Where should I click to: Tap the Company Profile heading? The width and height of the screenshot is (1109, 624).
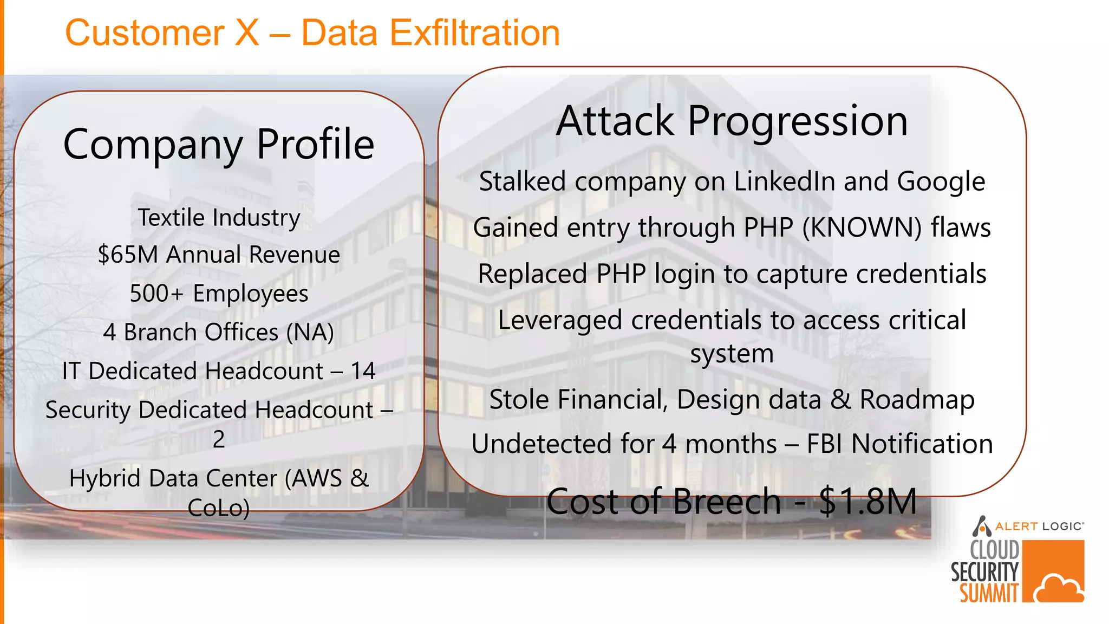(x=219, y=144)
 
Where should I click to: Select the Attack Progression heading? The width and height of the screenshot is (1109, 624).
(x=732, y=121)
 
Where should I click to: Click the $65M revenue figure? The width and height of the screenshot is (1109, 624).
(x=128, y=255)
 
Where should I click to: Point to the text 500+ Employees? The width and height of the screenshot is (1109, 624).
(x=219, y=294)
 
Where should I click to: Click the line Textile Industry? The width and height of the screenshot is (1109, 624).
(x=219, y=218)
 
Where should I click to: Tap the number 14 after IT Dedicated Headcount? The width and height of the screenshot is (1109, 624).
(x=363, y=371)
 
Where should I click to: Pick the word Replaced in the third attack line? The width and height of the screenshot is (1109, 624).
(x=532, y=274)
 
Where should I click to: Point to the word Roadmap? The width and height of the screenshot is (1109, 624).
(x=917, y=400)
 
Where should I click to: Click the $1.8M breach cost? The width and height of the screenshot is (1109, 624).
(x=867, y=502)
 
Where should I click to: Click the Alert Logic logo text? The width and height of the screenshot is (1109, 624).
(x=1039, y=526)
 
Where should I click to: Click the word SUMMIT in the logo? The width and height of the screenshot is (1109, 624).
(x=989, y=593)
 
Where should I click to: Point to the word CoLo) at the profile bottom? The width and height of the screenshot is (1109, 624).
(x=219, y=508)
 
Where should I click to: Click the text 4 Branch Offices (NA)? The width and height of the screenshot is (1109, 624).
(x=219, y=332)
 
